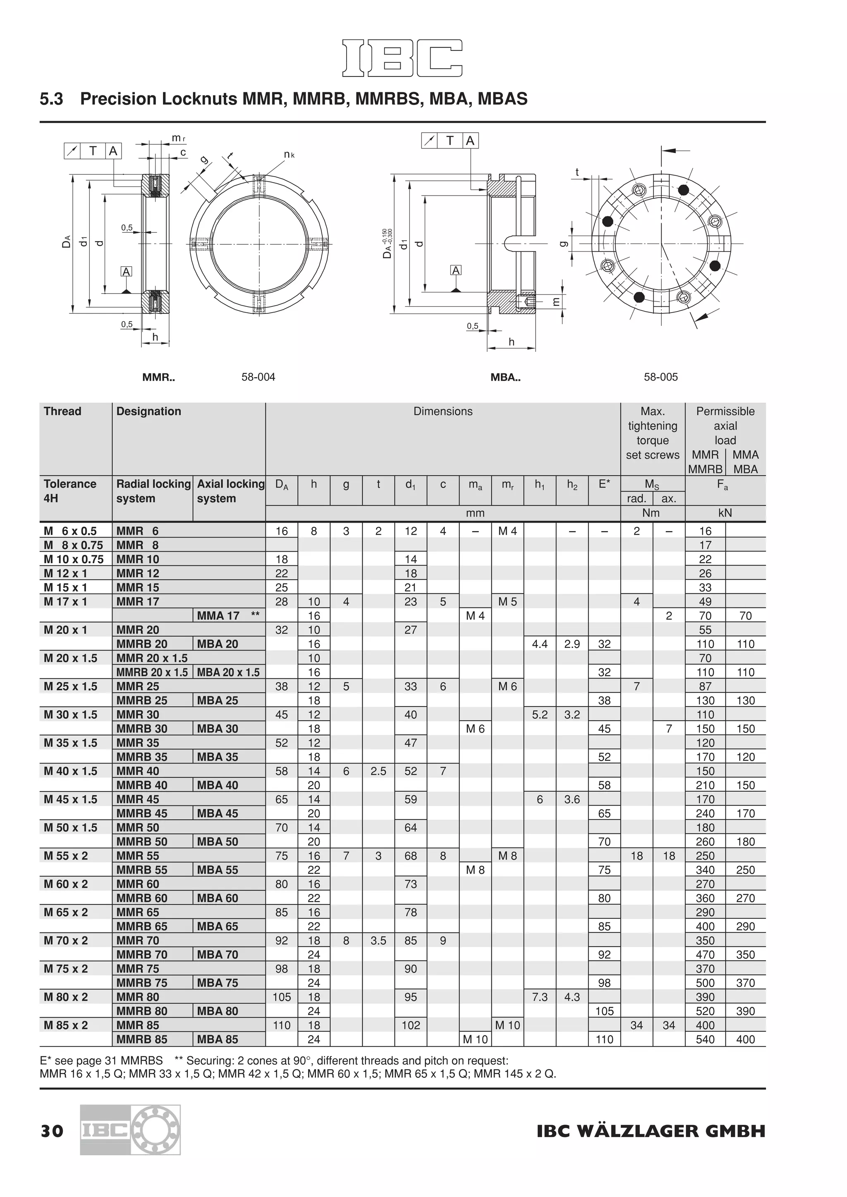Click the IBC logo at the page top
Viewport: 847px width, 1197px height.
[402, 58]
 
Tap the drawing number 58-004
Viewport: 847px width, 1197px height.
[258, 377]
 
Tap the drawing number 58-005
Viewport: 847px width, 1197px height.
[660, 377]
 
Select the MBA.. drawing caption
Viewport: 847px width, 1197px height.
[505, 377]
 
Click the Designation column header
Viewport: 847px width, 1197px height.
[148, 411]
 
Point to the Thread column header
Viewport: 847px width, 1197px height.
[62, 411]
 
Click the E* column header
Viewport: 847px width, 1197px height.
[604, 484]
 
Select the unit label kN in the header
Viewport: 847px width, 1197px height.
[725, 513]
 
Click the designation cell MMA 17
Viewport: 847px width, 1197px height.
[218, 616]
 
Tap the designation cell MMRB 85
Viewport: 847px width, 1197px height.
[142, 1039]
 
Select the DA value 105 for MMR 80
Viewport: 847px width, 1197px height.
[282, 997]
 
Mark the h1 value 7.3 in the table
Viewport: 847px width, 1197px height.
[540, 997]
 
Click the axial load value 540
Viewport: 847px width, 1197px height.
[705, 1039]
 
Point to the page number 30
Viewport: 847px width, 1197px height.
[52, 1131]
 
